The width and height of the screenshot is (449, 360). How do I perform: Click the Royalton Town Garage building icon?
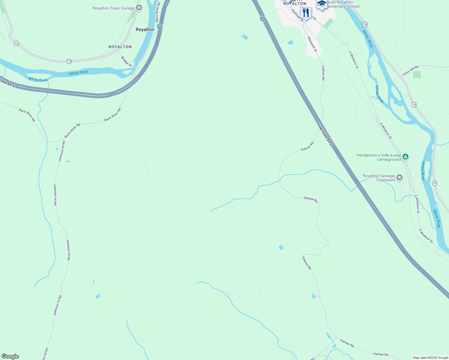(139, 8)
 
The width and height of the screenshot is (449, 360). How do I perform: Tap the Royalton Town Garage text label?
(113, 8)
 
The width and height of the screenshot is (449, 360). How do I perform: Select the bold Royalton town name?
(145, 29)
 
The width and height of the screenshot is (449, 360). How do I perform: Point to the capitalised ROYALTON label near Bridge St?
(120, 47)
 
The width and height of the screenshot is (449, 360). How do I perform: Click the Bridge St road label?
(126, 61)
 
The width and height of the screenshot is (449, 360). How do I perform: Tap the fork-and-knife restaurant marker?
(306, 13)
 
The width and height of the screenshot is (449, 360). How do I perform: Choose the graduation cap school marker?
(322, 4)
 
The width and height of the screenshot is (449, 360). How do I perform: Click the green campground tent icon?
(405, 156)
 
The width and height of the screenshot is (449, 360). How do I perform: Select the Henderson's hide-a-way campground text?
(379, 157)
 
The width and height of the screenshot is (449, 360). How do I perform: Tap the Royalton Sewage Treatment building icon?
(399, 178)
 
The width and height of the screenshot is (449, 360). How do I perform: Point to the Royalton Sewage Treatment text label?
(379, 178)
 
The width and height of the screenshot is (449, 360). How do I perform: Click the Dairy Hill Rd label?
(410, 71)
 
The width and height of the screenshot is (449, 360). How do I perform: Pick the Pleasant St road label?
(312, 44)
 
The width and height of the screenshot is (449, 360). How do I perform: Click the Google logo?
(10, 356)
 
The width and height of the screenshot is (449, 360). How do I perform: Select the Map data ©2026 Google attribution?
(430, 358)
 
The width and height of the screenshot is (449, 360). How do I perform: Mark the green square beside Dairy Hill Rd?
(417, 74)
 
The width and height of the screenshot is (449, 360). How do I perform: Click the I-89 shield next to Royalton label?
(160, 27)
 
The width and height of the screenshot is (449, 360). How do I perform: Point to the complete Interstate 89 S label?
(325, 135)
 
